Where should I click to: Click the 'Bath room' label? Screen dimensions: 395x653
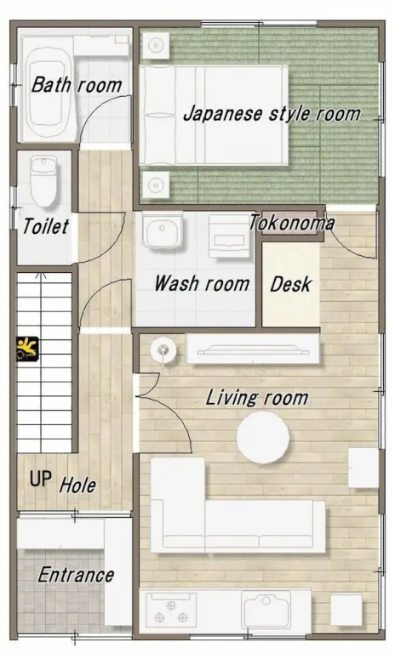click(77, 84)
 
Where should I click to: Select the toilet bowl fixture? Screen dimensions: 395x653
click(43, 182)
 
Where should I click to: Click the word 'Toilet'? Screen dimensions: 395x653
click(45, 226)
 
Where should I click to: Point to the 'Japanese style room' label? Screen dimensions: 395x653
click(272, 114)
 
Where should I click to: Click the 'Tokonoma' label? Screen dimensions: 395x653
click(291, 224)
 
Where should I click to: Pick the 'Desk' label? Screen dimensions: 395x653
click(290, 285)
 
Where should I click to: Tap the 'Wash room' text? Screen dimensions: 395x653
click(202, 284)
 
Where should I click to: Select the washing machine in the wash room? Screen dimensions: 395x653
click(229, 236)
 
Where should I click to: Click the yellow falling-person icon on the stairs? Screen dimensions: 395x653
click(27, 348)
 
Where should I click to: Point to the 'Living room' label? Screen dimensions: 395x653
click(257, 398)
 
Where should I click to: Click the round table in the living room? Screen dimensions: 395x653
click(263, 437)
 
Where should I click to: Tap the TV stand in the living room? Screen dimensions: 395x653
click(253, 349)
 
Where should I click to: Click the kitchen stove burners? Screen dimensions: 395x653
click(170, 611)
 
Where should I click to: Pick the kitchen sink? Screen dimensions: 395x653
click(266, 610)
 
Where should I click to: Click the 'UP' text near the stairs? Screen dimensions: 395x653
click(41, 479)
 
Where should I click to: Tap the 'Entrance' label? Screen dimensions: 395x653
click(76, 575)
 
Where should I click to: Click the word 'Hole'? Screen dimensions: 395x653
click(77, 485)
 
